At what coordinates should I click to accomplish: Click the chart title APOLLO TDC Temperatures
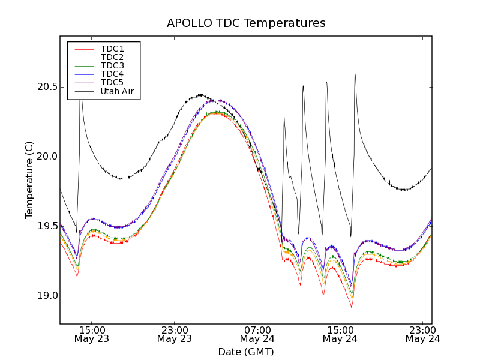246,23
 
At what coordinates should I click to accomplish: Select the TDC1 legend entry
112,49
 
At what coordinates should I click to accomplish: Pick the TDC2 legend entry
112,57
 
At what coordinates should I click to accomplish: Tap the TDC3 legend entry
112,65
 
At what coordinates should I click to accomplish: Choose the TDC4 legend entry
112,74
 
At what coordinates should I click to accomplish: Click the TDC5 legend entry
112,82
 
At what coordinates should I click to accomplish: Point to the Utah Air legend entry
117,91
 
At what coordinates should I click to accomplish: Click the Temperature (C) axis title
29,180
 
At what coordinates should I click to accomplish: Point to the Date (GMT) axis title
246,352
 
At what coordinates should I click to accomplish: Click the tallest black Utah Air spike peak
355,73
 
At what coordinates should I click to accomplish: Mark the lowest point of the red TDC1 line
352,307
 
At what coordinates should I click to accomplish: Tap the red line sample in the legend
84,49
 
